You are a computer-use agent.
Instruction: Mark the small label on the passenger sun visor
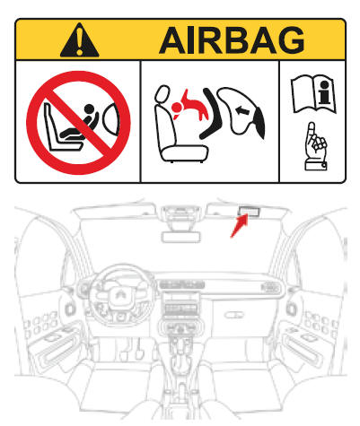pyautogui.click(x=249, y=213)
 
